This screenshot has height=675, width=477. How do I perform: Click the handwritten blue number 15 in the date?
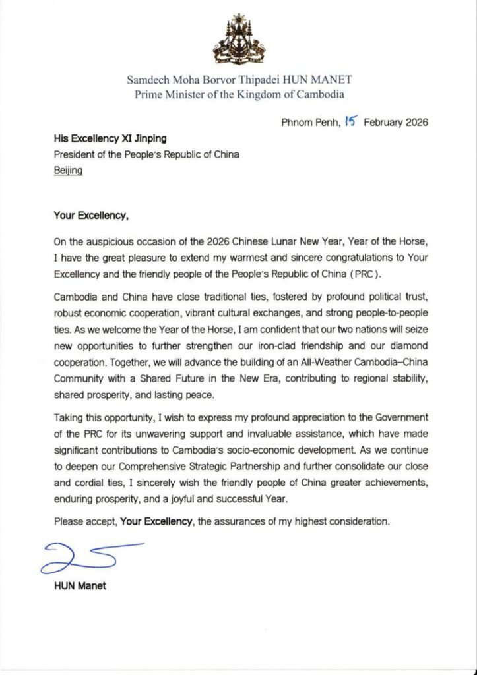(x=350, y=121)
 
